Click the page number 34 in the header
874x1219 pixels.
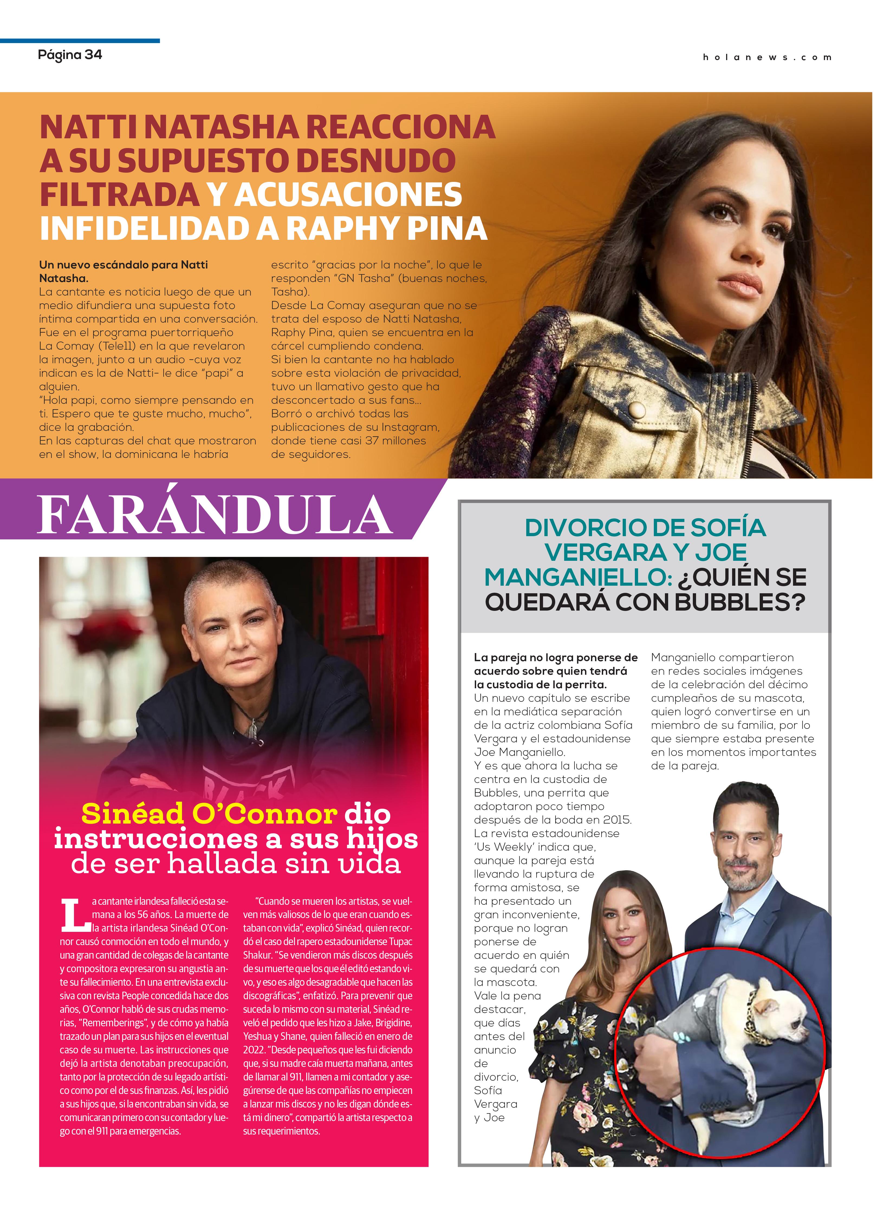[x=93, y=55]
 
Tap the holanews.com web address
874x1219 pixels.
[x=766, y=57]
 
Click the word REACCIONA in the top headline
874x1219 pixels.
[x=400, y=127]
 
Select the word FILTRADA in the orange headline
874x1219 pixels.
[x=119, y=195]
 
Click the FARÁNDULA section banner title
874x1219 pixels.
[x=215, y=515]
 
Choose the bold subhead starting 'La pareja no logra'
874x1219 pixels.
[x=555, y=671]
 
